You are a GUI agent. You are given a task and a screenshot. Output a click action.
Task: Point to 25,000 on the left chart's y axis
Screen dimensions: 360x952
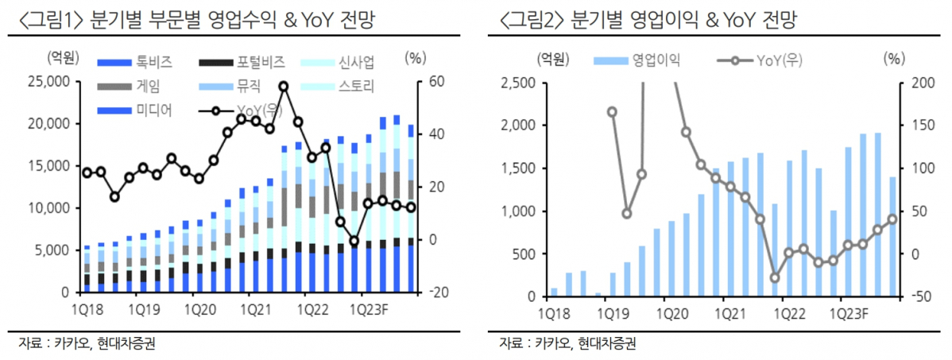coord(47,81)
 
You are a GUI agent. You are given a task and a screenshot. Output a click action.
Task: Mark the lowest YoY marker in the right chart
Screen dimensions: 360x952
coord(775,277)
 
